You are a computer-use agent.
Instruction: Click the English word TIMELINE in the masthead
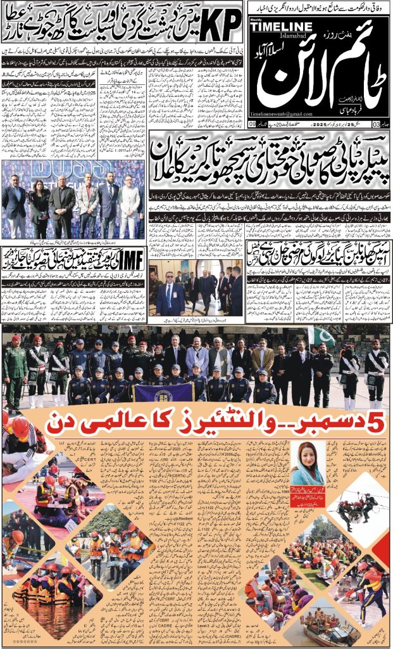tap(280, 25)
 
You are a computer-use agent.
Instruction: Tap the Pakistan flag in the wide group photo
tap(321, 336)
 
